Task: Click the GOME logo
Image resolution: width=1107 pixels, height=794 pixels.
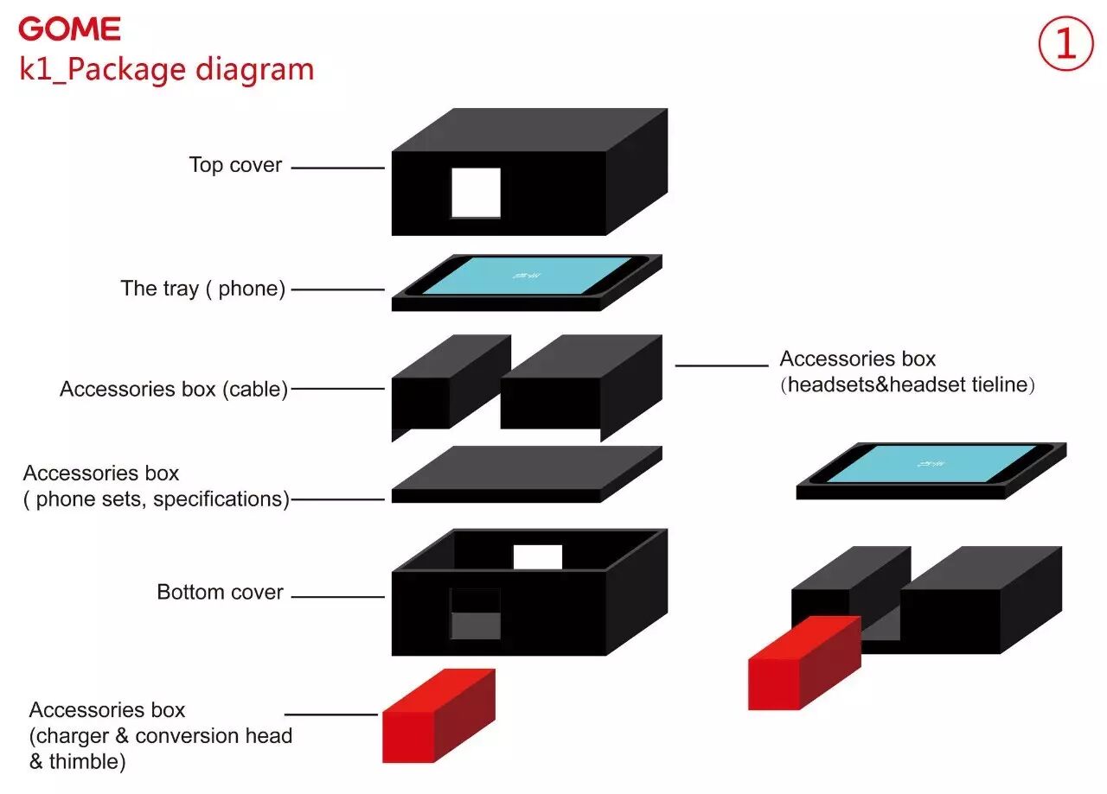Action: point(69,29)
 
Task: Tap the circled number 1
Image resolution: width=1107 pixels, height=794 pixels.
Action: point(1065,45)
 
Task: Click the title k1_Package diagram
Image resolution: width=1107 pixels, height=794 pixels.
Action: point(167,69)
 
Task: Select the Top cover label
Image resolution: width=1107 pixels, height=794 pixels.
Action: point(235,165)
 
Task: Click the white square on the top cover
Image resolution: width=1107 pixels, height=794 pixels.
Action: point(476,193)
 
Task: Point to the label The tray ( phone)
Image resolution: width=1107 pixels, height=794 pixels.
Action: point(203,289)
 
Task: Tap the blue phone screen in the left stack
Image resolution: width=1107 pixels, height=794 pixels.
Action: point(528,275)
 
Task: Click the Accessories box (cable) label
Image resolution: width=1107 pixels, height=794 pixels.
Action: point(173,389)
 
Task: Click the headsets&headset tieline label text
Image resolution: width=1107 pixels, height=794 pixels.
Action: point(907,384)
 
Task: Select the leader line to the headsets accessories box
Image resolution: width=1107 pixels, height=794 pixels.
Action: point(721,365)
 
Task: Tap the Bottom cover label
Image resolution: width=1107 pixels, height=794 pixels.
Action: point(220,593)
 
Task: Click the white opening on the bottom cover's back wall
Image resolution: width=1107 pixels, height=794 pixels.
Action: point(538,557)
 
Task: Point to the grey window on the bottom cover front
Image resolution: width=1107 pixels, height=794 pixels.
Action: point(476,624)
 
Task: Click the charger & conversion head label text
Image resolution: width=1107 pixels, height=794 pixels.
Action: point(161,736)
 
